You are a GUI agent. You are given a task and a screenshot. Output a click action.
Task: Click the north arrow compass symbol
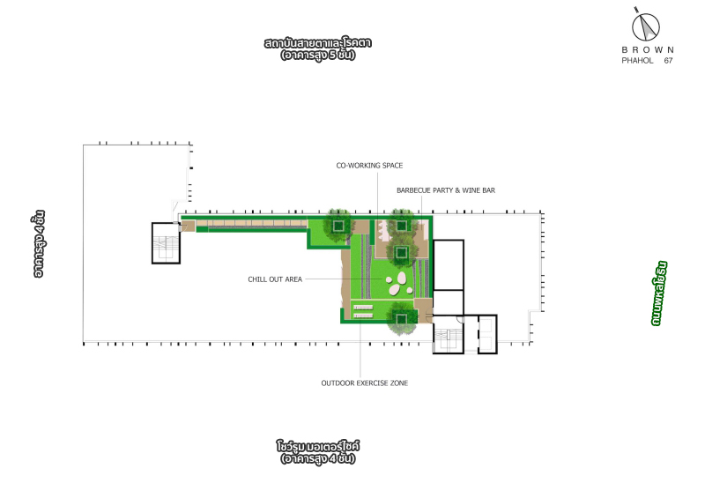646,26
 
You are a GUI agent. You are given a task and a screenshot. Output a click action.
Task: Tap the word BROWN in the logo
648,49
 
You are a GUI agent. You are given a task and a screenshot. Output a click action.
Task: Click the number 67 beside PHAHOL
668,60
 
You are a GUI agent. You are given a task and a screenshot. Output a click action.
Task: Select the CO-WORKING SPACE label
369,166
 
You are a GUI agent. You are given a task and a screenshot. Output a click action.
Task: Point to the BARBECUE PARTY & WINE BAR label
446,190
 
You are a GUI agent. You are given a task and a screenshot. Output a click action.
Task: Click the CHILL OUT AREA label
275,279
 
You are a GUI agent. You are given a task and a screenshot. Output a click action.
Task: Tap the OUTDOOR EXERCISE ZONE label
365,383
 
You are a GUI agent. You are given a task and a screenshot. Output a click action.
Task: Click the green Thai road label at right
658,293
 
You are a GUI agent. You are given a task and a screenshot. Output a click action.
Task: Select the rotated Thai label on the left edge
39,243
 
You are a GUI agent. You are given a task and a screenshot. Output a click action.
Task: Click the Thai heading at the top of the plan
318,48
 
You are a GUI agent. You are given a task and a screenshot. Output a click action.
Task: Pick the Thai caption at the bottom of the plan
318,452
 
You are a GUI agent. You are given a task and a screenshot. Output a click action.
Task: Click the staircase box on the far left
166,243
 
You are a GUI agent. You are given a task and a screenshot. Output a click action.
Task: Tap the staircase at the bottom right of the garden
449,335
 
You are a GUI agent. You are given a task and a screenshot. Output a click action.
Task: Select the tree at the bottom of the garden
402,318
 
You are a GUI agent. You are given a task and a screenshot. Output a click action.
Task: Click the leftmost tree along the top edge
338,226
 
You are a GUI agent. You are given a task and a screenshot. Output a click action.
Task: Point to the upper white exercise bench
363,308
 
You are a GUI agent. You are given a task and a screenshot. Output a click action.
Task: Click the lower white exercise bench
363,316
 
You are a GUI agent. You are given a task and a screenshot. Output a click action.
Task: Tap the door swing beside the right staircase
460,319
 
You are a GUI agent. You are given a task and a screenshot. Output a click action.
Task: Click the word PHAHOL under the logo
637,60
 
